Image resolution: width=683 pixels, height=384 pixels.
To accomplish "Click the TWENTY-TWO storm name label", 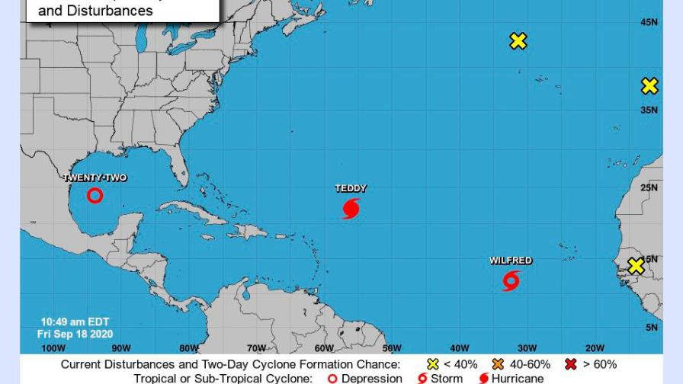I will coord(95,178).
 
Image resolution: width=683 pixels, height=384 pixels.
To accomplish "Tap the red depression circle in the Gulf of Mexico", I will coord(95,196).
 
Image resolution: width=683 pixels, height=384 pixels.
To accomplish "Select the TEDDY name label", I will coord(351,188).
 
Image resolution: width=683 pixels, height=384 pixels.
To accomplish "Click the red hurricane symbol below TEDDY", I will coord(351,208).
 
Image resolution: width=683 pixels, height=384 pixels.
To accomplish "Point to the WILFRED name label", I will coord(511,261).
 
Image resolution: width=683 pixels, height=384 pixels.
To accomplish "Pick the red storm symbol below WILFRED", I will coord(511,281).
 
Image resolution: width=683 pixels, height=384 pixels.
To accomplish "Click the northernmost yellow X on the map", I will coord(518,41).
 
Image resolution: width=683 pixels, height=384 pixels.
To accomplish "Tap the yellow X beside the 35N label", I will coord(649,87).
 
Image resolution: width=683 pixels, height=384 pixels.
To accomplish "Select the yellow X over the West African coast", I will coord(636,266).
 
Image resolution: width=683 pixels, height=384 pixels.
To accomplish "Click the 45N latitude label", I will coord(649,23).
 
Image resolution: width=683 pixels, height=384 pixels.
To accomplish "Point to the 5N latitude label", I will coord(652,328).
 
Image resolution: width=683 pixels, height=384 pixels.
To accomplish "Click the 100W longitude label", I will coord(53,348).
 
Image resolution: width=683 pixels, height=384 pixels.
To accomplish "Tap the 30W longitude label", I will coord(527,348).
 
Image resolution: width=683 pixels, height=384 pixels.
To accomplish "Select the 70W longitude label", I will coord(256,348).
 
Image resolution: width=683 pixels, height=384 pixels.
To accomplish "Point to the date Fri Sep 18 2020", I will coord(75,334).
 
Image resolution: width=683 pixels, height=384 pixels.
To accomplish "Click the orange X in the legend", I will coord(499,364).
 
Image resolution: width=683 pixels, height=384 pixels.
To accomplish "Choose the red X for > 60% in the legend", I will coord(570,364).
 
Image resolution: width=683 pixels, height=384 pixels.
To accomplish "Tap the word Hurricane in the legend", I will coord(518,379).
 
